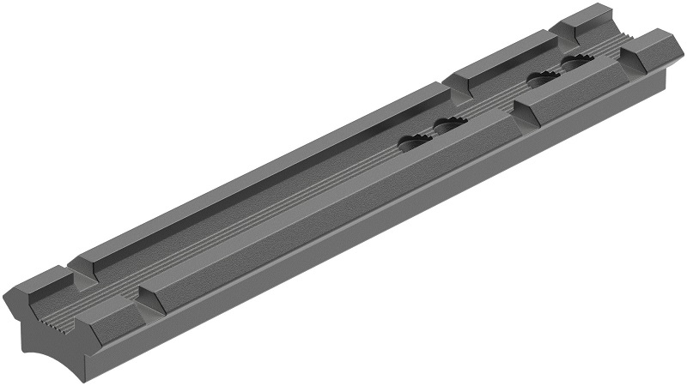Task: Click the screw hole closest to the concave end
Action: point(416,142)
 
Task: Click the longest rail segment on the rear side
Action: point(258,176)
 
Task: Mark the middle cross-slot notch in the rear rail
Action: point(450,81)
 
